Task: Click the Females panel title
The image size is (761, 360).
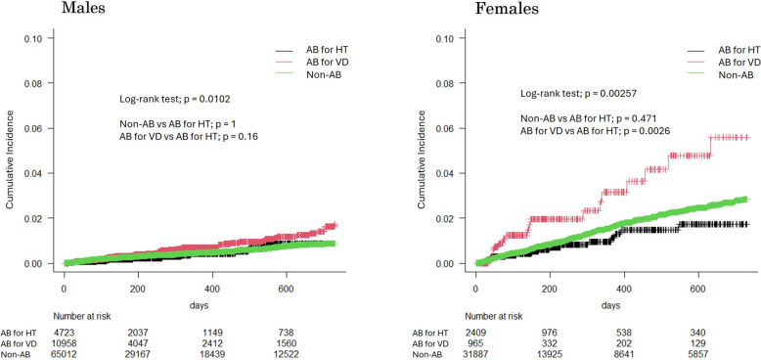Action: coord(503,9)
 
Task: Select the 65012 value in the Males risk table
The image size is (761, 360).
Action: coord(64,354)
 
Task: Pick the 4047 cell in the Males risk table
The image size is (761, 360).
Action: coord(138,343)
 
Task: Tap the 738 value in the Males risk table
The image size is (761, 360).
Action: coord(287,333)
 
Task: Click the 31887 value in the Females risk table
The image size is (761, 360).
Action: coord(476,354)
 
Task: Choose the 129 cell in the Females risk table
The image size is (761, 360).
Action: coord(698,343)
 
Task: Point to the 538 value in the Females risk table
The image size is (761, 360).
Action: coord(624,333)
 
